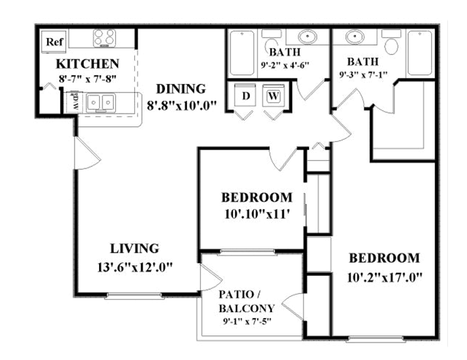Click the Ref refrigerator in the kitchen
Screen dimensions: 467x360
click(x=54, y=41)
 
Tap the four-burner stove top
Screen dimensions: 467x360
click(x=104, y=39)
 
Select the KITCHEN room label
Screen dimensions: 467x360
click(x=88, y=64)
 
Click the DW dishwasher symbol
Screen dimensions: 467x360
click(x=74, y=102)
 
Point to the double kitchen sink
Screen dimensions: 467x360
click(x=100, y=102)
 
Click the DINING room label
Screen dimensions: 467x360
click(x=180, y=89)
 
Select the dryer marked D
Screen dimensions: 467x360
click(x=245, y=95)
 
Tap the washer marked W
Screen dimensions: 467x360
click(x=273, y=95)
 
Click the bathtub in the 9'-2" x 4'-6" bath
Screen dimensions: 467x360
click(x=242, y=53)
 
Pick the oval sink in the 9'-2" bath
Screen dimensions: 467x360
click(x=308, y=37)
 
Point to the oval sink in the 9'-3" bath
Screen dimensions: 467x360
click(x=355, y=37)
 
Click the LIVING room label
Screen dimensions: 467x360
click(x=135, y=248)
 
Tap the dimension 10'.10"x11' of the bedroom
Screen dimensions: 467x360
click(x=257, y=214)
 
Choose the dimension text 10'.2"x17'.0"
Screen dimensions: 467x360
click(x=385, y=277)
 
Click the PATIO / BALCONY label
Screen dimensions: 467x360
click(x=246, y=301)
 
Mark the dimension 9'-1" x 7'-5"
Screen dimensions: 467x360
click(x=246, y=321)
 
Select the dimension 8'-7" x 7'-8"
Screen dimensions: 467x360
click(x=87, y=79)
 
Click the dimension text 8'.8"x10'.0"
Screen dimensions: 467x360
click(x=181, y=105)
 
